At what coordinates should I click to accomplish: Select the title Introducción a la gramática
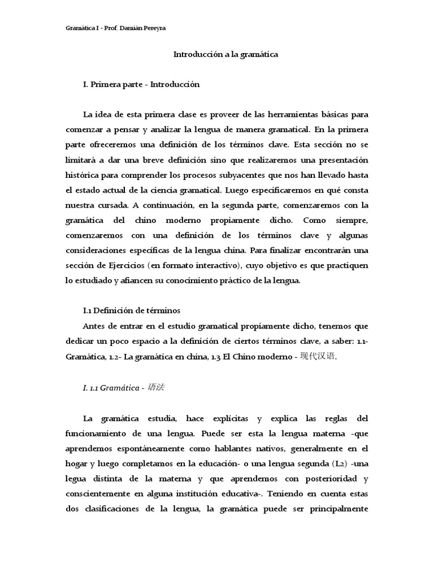click(225, 55)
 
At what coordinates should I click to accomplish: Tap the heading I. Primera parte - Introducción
click(141, 84)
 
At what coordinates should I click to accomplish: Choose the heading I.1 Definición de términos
click(132, 310)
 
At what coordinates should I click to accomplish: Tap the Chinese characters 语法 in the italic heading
click(155, 387)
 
